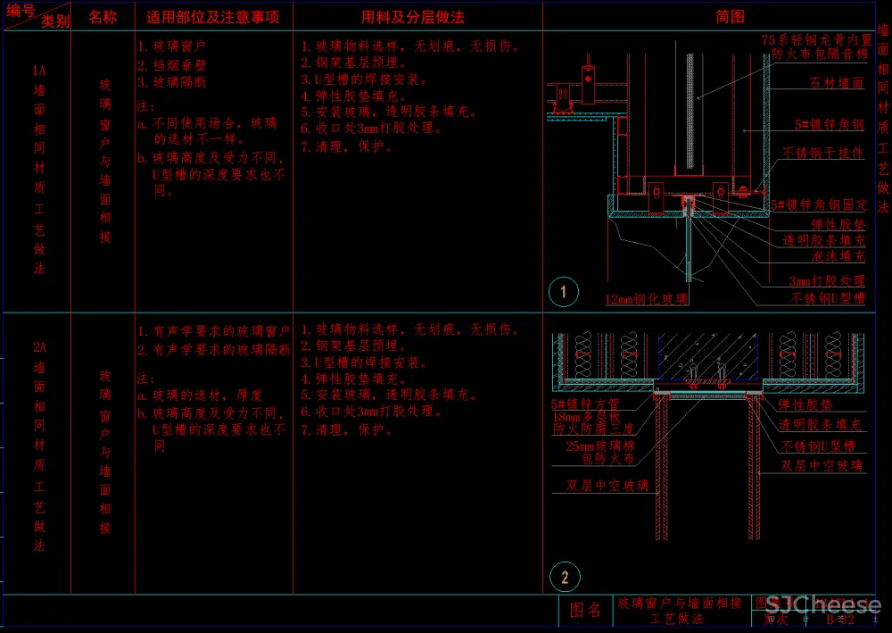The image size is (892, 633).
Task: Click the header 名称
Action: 103,17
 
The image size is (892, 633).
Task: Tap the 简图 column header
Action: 730,16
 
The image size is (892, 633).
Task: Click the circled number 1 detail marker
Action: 563,291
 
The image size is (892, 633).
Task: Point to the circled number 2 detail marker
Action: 563,577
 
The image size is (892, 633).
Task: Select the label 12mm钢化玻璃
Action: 646,299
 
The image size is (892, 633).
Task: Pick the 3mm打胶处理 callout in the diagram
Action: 827,280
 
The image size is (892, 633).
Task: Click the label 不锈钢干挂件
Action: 823,153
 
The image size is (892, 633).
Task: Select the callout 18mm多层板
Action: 585,416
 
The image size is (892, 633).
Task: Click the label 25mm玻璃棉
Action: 600,445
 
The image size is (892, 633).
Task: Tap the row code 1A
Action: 39,70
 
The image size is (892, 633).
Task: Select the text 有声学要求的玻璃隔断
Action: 221,350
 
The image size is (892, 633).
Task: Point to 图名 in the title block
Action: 585,611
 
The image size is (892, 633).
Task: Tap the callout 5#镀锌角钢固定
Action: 819,204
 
